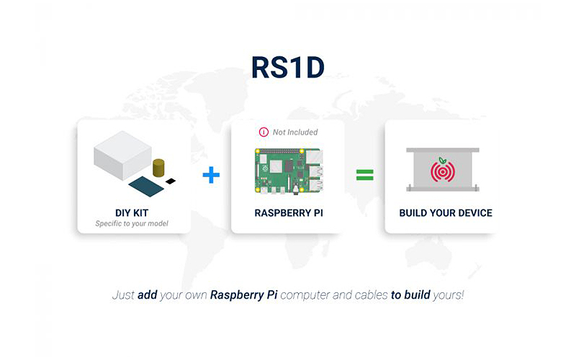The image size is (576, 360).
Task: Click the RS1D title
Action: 287,67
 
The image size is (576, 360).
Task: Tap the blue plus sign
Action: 211,175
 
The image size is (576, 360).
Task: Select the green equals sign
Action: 365,175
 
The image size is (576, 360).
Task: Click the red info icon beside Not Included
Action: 264,132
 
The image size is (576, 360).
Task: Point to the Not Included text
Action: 295,132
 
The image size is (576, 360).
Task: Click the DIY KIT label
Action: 132,213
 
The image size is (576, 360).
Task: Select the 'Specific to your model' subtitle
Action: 132,224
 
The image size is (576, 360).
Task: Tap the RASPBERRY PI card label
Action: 289,213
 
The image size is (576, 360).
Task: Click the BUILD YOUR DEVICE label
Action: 446,213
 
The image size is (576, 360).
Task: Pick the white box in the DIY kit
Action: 122,156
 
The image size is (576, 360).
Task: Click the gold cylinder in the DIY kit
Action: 158,168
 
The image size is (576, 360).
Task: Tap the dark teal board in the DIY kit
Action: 146,186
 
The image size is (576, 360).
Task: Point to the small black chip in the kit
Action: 171,181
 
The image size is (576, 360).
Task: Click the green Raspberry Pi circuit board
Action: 289,171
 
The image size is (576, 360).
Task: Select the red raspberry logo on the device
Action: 443,170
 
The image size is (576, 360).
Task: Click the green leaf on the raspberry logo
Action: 443,160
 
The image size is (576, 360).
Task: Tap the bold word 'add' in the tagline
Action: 148,295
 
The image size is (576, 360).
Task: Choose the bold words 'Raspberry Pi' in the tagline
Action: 243,295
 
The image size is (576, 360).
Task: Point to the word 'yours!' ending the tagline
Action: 448,295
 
